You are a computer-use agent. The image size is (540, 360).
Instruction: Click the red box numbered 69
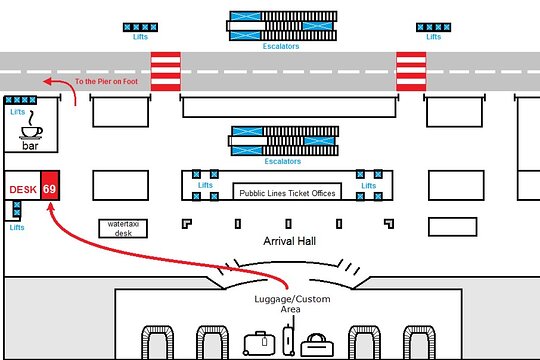(x=50, y=185)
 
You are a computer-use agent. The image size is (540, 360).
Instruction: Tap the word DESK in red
(x=23, y=189)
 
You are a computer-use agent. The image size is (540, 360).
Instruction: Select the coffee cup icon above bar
(x=31, y=125)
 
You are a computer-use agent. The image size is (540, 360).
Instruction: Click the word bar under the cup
(x=30, y=146)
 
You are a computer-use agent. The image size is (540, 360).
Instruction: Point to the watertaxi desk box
(x=123, y=228)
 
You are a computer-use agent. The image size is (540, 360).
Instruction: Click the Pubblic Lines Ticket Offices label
(x=287, y=193)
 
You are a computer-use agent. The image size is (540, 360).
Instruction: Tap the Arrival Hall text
(x=289, y=241)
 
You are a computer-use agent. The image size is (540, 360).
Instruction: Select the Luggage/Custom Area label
(x=292, y=304)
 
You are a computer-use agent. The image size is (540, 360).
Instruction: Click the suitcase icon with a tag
(x=259, y=343)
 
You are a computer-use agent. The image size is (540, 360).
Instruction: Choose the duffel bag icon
(x=317, y=345)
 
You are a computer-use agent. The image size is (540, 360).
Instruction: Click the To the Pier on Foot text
(x=106, y=82)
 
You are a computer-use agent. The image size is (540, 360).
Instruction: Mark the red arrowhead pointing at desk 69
(x=51, y=207)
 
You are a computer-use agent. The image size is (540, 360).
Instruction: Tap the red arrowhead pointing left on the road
(x=48, y=82)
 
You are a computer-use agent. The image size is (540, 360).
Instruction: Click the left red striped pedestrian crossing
(x=166, y=72)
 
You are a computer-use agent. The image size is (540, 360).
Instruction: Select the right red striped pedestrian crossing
(x=411, y=72)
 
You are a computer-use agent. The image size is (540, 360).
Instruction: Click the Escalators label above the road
(x=281, y=46)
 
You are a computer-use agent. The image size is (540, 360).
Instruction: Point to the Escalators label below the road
(x=283, y=161)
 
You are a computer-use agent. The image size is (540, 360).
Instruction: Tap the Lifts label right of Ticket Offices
(x=368, y=186)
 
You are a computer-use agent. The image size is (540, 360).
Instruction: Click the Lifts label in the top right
(x=434, y=37)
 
